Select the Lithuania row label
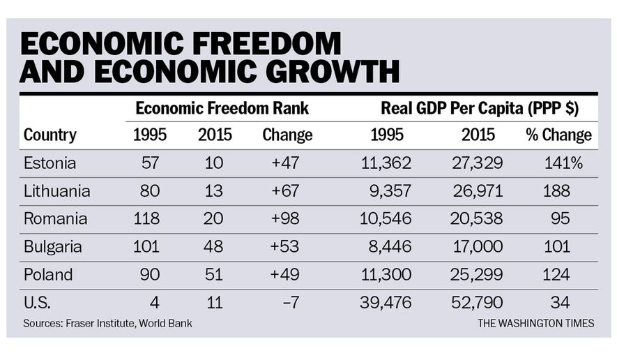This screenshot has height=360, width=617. point(57,190)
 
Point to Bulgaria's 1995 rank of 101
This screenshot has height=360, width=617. point(146,246)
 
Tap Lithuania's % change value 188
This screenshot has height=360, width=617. point(557,190)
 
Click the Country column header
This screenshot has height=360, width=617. point(50,135)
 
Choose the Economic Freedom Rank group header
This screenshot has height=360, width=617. point(222,108)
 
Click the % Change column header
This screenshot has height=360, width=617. point(558,135)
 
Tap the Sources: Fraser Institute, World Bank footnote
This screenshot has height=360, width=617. point(107,324)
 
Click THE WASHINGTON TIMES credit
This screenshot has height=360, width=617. point(535,324)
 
